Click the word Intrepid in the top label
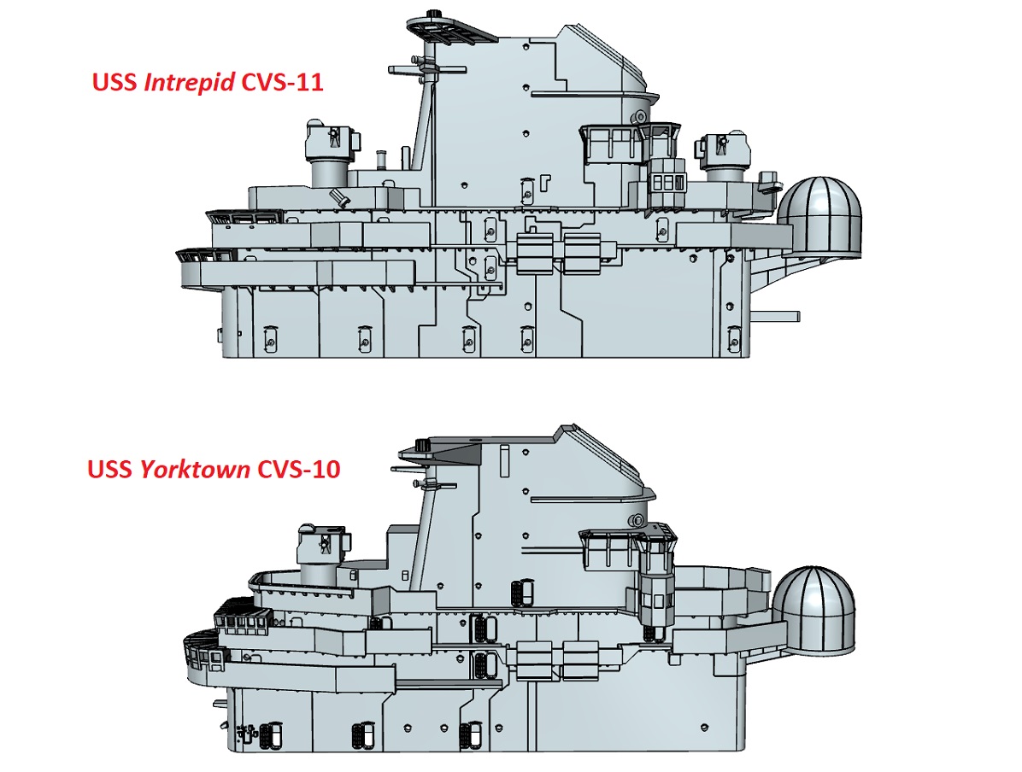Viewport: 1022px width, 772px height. (189, 82)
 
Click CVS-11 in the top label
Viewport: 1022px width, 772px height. (282, 83)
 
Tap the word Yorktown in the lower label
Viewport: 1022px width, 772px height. (195, 469)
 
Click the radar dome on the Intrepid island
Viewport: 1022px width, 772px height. (821, 216)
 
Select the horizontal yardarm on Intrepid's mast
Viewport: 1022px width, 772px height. (427, 70)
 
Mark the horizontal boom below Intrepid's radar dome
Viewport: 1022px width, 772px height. (776, 317)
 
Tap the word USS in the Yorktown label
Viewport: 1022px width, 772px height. (110, 469)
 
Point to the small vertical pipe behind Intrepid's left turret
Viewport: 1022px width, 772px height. (381, 160)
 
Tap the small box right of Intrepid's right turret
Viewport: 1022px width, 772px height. (769, 180)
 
